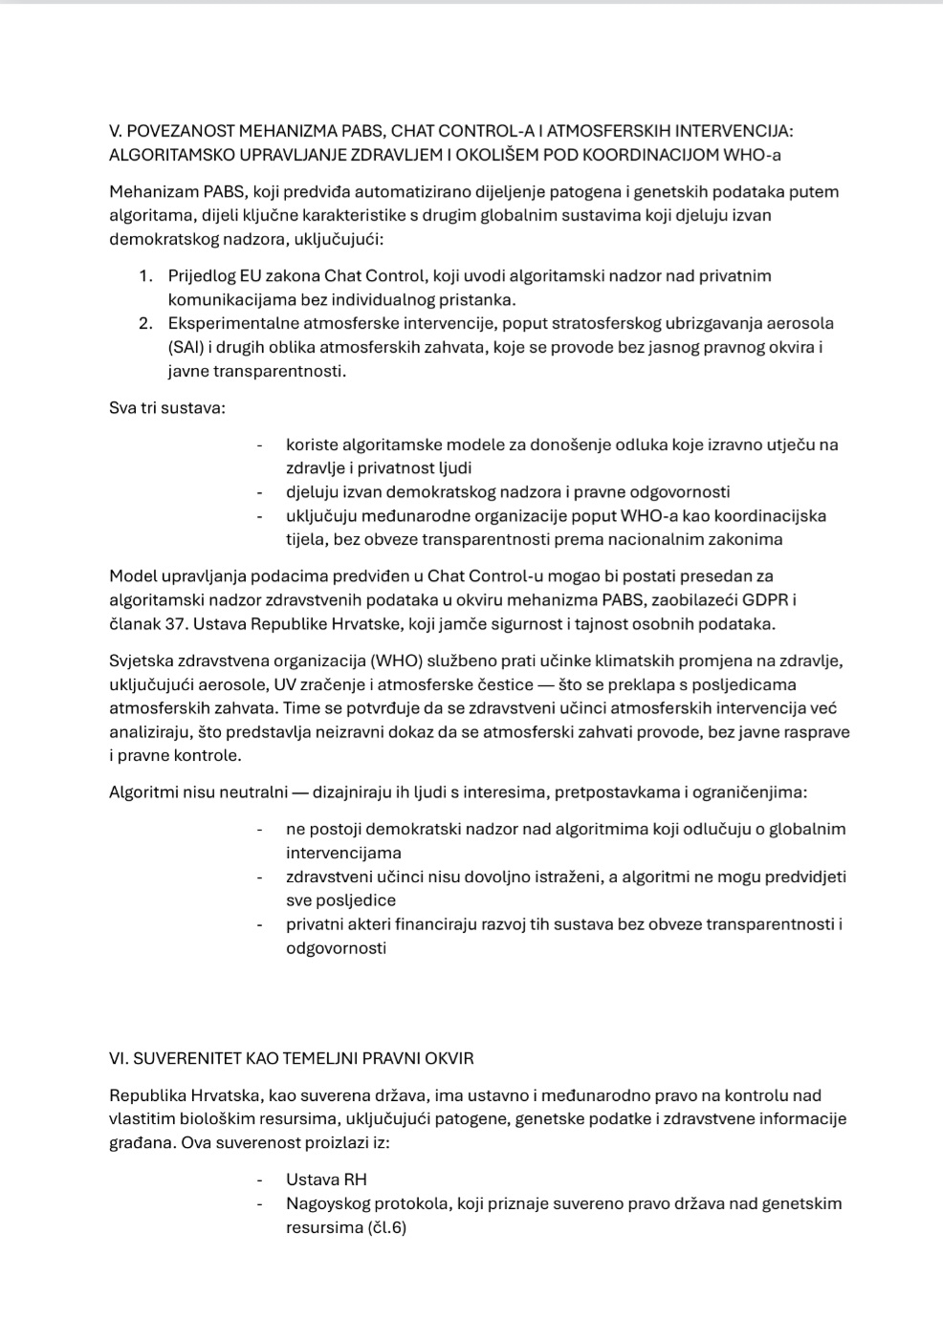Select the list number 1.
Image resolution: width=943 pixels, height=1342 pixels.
pos(145,276)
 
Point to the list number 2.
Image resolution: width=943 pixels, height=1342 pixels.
pos(145,323)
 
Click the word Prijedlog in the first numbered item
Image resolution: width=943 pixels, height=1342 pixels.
pos(199,276)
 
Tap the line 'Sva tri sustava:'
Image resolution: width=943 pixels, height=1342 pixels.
pos(167,408)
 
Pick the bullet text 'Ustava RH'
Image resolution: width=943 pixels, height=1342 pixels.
pos(326,1180)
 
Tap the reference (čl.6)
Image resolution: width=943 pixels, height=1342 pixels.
pos(386,1228)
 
